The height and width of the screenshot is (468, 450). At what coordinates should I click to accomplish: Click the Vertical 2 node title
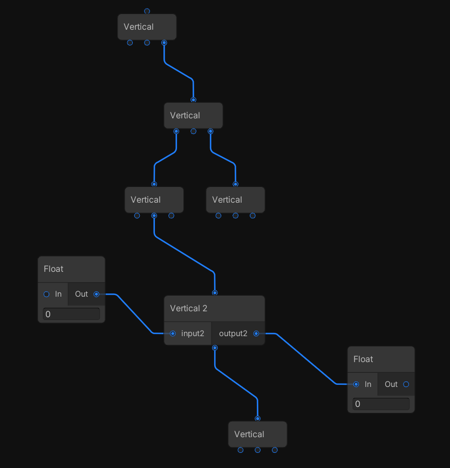[x=189, y=309]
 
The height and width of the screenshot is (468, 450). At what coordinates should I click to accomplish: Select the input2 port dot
[x=173, y=333]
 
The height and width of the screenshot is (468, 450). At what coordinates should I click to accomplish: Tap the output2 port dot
[x=256, y=333]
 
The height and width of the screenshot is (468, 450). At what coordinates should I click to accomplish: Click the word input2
[x=193, y=333]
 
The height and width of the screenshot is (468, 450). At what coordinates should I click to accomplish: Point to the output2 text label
[x=233, y=333]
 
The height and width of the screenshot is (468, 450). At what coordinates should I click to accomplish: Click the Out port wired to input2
[x=97, y=294]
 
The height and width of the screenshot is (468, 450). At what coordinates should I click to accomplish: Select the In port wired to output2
[x=356, y=384]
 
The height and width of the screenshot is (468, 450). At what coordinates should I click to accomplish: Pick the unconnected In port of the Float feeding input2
[x=46, y=294]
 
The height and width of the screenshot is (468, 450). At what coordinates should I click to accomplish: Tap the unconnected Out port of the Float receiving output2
[x=406, y=384]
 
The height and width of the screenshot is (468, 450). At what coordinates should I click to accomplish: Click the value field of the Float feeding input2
[x=71, y=314]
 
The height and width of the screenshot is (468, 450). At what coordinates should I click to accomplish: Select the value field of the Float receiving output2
[x=381, y=404]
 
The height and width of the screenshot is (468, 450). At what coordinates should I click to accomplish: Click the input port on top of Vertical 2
[x=215, y=293]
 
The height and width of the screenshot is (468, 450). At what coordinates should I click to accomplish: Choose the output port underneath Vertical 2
[x=215, y=348]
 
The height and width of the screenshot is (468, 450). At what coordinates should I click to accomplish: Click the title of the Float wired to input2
[x=53, y=269]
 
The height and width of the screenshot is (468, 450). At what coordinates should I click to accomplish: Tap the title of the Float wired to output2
[x=363, y=359]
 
